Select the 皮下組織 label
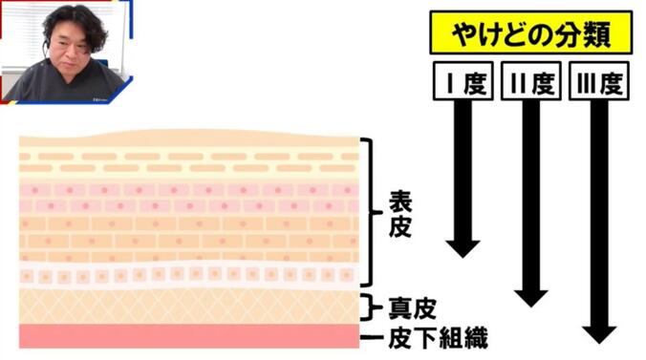point(430,338)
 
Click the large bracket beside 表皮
point(368,211)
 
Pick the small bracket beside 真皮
point(369,307)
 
